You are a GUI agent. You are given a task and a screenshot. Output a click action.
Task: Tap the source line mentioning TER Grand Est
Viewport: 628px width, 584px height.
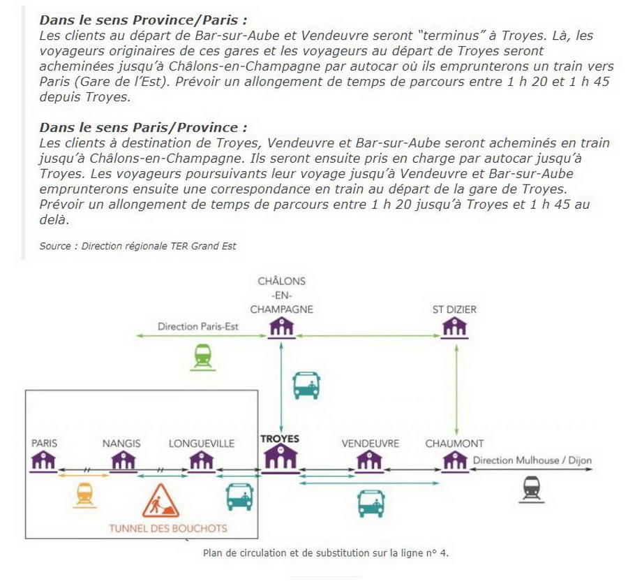138,245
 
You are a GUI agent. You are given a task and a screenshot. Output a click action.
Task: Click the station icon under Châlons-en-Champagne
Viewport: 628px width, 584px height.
281,326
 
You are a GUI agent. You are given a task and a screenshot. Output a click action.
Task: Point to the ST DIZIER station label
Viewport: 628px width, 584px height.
455,309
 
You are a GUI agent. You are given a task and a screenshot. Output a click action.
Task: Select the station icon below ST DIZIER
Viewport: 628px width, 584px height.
456,326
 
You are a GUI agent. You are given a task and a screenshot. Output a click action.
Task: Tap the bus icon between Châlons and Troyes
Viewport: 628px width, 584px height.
306,384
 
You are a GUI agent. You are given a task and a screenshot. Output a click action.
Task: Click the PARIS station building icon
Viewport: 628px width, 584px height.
44,460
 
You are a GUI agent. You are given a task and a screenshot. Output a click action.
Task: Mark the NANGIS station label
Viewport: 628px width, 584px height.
121,443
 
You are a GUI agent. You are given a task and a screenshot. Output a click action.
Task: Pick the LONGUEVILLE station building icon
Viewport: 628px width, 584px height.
202,460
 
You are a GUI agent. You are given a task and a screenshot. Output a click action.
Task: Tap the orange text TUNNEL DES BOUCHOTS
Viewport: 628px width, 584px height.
168,527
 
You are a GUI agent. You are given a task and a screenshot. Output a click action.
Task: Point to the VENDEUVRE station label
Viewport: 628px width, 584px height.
370,443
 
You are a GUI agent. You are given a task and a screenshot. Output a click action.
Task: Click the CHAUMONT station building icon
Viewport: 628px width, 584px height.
455,460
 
